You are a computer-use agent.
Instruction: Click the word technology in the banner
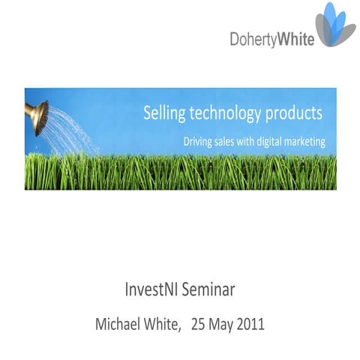[x=228, y=114]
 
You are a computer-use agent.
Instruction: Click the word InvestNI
[x=154, y=289]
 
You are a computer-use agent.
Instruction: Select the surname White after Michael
[x=166, y=325]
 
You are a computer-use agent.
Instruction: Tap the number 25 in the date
[x=199, y=325]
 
